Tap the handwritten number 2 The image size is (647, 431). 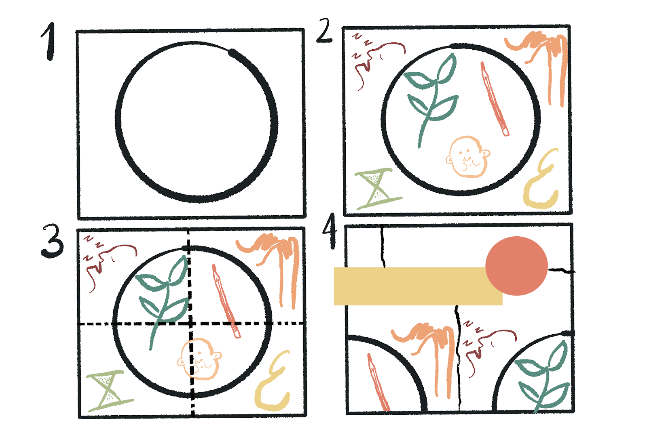pos(324,31)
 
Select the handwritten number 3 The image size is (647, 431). pos(52,241)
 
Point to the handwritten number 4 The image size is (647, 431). pos(330,231)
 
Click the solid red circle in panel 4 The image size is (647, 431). pos(516,266)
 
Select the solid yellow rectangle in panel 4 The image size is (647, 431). pos(418,286)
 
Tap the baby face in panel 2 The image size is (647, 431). pos(468,157)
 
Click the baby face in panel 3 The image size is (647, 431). pos(200,359)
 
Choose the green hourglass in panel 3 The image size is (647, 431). pos(109,391)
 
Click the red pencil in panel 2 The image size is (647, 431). pos(495,99)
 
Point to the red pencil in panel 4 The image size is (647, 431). pos(378,382)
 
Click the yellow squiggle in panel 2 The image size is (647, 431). pos(539,179)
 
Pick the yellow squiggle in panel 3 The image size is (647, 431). pos(271,381)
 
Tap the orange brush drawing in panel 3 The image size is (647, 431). pos(271,268)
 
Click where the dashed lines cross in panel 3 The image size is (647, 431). pos(190,324)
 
